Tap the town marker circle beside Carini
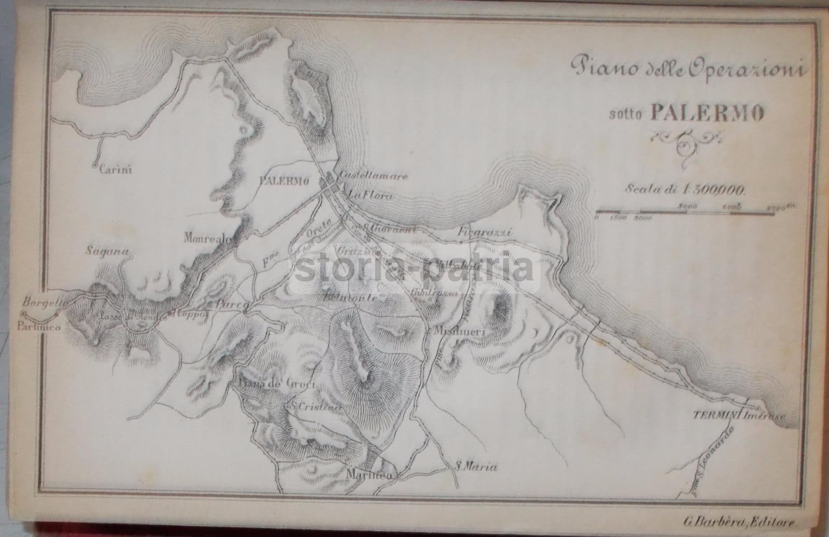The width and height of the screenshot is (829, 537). [94, 166]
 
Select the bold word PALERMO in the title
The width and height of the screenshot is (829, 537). [707, 114]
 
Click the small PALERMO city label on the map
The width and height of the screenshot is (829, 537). [283, 181]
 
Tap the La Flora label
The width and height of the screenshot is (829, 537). [370, 196]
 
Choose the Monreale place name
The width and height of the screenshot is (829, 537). [207, 238]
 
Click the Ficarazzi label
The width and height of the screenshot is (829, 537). [485, 233]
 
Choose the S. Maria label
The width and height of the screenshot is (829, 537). [475, 467]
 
